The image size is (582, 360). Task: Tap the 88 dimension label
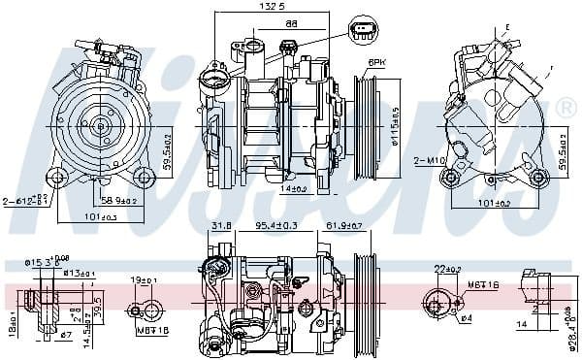pos(264,22)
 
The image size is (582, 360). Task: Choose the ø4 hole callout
pos(466,319)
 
